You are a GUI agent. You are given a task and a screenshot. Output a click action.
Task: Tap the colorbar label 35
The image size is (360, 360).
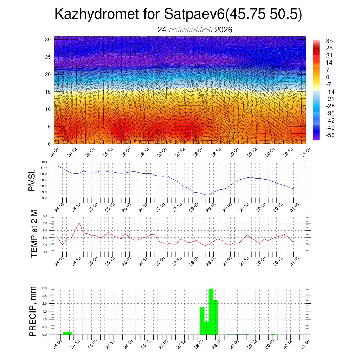coord(329,41)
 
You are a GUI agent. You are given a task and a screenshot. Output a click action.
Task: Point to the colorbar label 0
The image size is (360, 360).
coord(328,77)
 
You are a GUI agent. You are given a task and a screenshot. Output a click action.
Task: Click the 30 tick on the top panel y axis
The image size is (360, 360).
coord(48,39)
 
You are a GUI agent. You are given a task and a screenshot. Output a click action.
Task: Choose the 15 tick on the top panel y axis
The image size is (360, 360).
coord(48,92)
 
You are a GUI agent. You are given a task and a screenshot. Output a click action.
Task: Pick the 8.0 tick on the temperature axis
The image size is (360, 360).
coord(45,216)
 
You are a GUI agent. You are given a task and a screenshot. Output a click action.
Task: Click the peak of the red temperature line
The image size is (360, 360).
coord(79,223)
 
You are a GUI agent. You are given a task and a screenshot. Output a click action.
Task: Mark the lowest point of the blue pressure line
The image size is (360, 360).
coord(207,195)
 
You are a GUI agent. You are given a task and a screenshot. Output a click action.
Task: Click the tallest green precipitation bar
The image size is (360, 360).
coord(211,311)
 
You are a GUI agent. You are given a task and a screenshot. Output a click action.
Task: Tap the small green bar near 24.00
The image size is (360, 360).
coord(67,333)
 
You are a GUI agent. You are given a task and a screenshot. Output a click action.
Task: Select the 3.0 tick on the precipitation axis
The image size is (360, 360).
coord(45,288)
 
